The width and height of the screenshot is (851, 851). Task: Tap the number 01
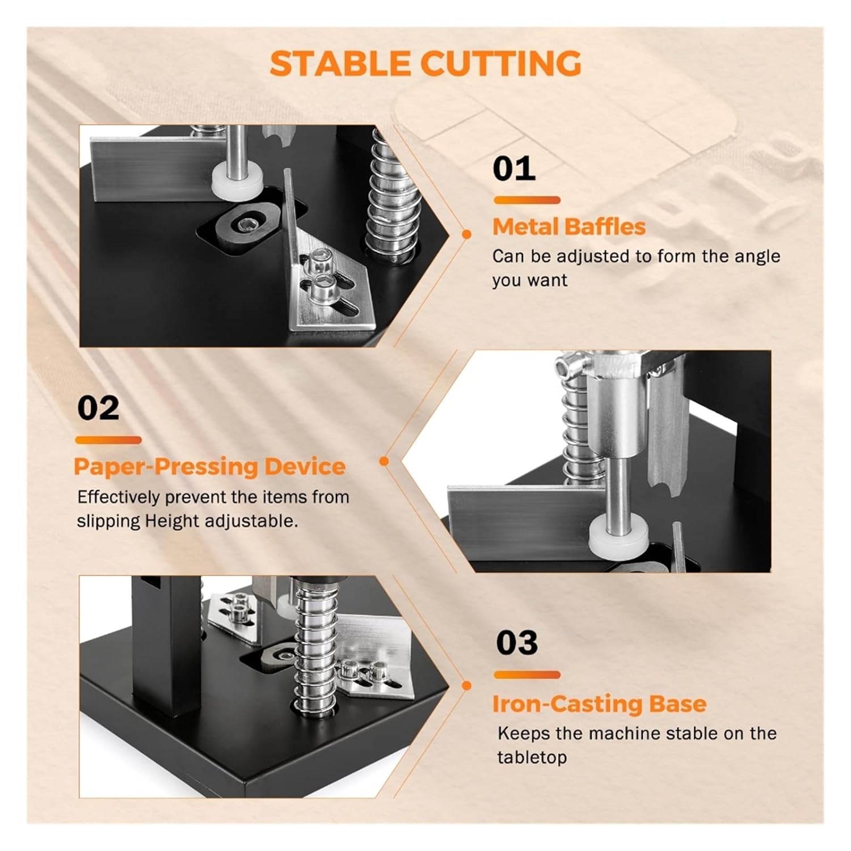coord(514,169)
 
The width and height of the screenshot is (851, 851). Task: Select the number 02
coord(98,408)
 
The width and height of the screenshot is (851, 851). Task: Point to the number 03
coord(516,643)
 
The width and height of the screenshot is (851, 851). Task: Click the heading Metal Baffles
coord(569,227)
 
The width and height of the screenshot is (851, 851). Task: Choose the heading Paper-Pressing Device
coord(209,466)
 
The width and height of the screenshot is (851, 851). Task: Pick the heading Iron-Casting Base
coord(599,703)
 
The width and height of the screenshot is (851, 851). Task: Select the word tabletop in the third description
coord(532,757)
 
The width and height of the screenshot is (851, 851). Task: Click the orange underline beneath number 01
coord(526,200)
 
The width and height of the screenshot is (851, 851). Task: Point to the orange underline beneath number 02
coord(108,440)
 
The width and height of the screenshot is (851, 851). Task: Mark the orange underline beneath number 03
coord(526,675)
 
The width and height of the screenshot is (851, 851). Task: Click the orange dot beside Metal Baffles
coord(466,234)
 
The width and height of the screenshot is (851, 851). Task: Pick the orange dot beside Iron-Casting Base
coord(466,686)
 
